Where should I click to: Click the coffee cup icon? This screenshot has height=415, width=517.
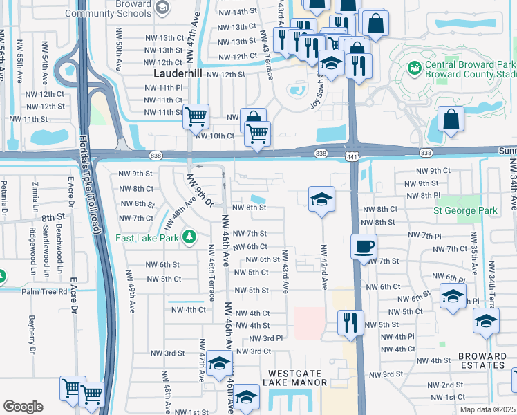[x=364, y=246]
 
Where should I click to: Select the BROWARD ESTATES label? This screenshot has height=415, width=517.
[x=481, y=360]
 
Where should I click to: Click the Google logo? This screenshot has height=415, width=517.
[x=23, y=407]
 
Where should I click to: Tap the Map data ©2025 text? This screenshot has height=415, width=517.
[x=487, y=409]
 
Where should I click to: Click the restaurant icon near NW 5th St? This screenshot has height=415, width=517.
[x=350, y=322]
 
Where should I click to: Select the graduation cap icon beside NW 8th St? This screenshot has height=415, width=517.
[x=322, y=199]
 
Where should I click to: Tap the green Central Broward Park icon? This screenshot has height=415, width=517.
[x=415, y=67]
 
